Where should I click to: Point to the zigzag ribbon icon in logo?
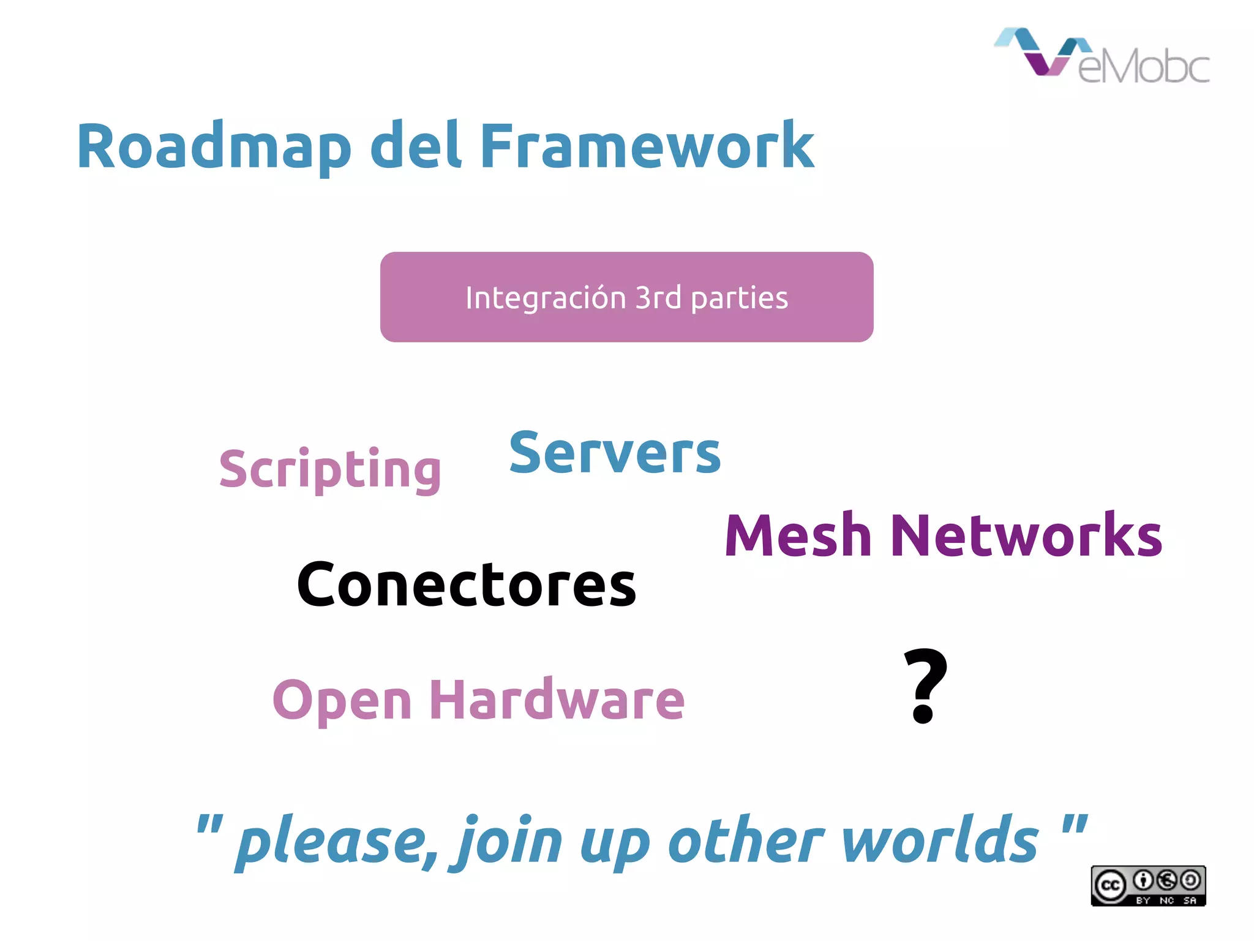click(1041, 52)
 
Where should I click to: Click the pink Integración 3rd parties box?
click(626, 297)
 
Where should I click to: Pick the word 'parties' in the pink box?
click(739, 299)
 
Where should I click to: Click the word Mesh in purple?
click(797, 536)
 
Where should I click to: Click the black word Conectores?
click(466, 585)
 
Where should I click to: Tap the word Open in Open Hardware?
click(342, 700)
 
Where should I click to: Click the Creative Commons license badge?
click(1147, 885)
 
